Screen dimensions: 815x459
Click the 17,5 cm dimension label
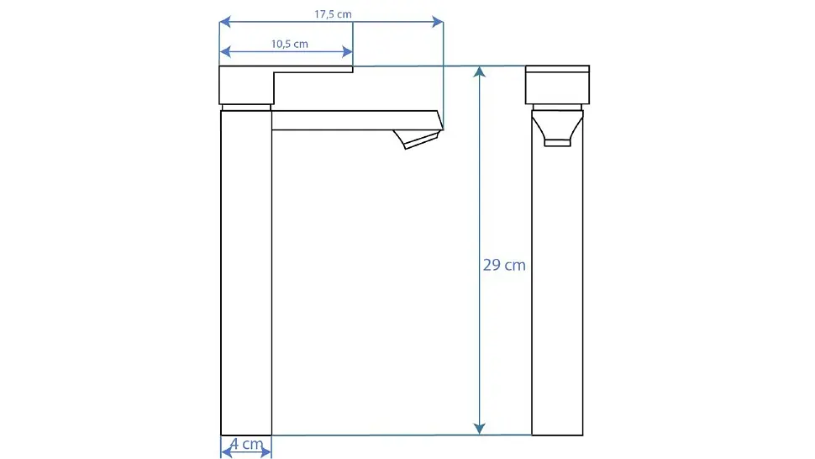pyautogui.click(x=333, y=14)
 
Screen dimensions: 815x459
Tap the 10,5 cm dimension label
pyautogui.click(x=290, y=45)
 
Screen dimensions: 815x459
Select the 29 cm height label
pyautogui.click(x=504, y=265)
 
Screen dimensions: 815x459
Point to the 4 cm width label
pyautogui.click(x=246, y=444)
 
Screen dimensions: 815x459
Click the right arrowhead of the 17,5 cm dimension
pyautogui.click(x=438, y=22)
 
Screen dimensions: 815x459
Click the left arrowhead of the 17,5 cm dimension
pyautogui.click(x=224, y=22)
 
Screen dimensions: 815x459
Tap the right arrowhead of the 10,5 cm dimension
pyautogui.click(x=348, y=51)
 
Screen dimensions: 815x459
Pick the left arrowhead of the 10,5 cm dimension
pyautogui.click(x=225, y=51)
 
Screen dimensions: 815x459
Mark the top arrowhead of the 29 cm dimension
pyautogui.click(x=479, y=71)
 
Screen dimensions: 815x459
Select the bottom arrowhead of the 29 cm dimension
pyautogui.click(x=479, y=429)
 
